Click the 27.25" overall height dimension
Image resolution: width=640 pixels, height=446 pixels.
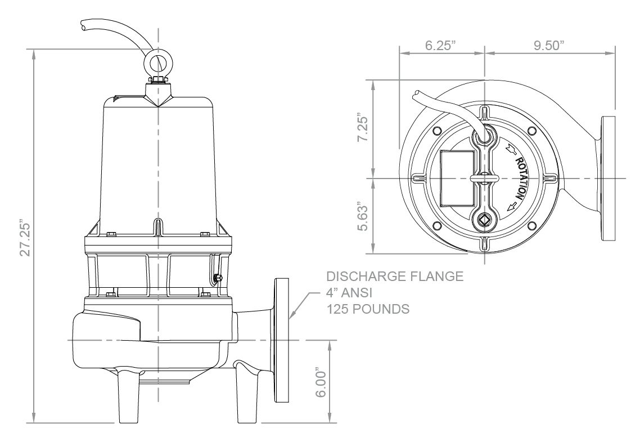click(26, 239)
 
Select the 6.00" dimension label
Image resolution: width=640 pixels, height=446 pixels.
click(322, 384)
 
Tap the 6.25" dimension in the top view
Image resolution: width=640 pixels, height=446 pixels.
click(440, 46)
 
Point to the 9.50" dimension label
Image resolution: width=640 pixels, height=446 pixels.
click(549, 46)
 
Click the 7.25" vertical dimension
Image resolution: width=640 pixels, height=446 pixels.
click(362, 127)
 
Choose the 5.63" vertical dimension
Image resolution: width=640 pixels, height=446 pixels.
click(362, 216)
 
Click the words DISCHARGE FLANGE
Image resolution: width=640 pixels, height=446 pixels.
click(395, 276)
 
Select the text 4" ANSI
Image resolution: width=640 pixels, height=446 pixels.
click(349, 293)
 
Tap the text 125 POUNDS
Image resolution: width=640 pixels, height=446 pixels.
click(368, 309)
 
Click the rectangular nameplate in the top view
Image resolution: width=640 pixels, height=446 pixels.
click(458, 179)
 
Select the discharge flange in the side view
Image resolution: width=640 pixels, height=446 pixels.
click(282, 340)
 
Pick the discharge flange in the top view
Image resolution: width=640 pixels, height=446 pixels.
click(608, 179)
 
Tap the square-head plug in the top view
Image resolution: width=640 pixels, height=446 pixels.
click(484, 220)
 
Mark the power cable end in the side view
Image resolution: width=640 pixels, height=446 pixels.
click(83, 26)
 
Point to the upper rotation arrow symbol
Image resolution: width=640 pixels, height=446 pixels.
click(510, 149)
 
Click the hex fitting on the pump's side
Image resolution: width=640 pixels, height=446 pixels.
click(218, 279)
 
